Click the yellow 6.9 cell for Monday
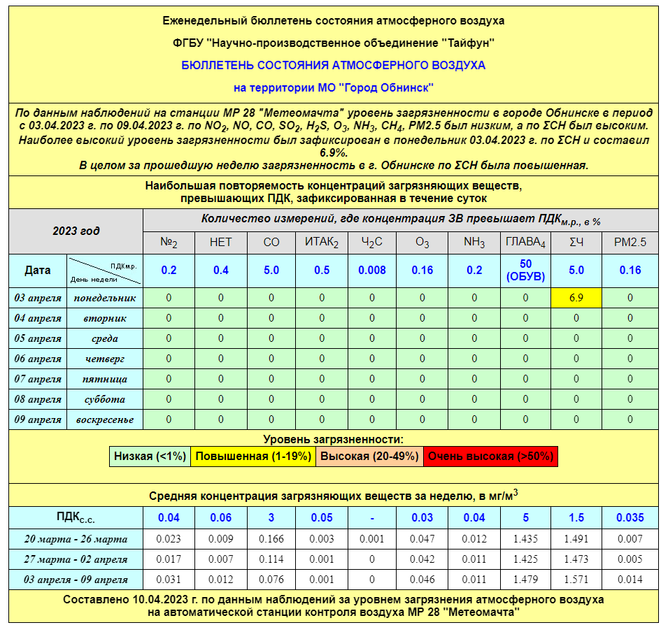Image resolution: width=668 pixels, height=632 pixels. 576,298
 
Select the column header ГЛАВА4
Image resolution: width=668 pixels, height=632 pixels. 525,243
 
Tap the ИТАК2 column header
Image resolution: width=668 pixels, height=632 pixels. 322,243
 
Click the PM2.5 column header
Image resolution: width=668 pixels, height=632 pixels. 630,243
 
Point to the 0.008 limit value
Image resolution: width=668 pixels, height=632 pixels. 371,270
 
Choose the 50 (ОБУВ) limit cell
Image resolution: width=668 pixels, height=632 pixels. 525,270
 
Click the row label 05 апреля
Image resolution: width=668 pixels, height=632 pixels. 38,338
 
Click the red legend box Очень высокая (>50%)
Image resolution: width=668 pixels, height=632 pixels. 490,457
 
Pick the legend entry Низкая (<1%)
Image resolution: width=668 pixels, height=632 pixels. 150,457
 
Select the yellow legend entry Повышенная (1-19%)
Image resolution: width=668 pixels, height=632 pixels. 253,457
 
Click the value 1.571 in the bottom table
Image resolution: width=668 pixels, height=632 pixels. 576,580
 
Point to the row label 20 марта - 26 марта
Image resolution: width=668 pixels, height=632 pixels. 76,539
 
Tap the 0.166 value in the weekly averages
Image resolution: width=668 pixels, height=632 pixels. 271,539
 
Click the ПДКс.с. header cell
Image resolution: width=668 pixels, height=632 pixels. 76,518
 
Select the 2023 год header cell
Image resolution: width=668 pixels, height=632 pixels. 76,231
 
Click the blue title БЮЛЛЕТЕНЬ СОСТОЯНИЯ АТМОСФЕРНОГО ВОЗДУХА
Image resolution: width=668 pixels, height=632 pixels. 333,65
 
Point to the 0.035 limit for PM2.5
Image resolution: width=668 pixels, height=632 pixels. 630,518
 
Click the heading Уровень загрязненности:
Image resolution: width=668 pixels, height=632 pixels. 333,440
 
